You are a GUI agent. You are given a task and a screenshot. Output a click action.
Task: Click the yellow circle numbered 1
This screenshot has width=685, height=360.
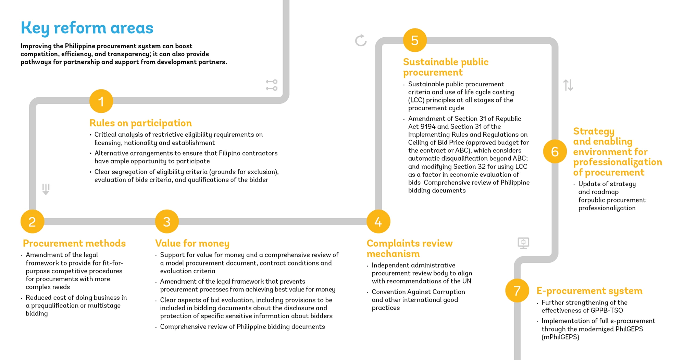coord(101,101)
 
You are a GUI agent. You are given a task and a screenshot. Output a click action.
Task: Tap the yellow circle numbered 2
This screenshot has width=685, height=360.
coord(32,222)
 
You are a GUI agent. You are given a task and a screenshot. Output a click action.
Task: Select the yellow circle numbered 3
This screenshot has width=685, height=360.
coord(167,222)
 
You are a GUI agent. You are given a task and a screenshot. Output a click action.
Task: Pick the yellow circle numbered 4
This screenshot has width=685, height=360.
coord(378,222)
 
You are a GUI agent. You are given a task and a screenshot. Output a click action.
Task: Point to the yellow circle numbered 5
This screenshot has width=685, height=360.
coord(414,40)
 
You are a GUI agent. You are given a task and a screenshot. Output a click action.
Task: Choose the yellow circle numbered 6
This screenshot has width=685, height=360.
coord(555,151)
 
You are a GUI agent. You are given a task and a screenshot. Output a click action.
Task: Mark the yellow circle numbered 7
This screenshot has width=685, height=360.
coord(517,290)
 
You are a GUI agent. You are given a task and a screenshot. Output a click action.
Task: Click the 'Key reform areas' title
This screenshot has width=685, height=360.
coord(87,28)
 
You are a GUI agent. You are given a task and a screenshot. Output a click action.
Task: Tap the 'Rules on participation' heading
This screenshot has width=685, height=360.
coord(140,123)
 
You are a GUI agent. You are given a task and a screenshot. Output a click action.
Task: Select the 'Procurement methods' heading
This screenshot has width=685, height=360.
coord(74,243)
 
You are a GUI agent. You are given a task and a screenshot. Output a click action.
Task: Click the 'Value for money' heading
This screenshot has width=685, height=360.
coord(192,243)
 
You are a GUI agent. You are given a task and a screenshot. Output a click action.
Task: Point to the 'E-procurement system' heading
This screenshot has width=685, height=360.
coord(589,291)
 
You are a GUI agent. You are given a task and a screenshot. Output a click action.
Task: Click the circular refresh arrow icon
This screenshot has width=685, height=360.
coord(361,40)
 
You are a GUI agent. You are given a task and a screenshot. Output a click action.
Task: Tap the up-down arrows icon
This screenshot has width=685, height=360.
coord(568,85)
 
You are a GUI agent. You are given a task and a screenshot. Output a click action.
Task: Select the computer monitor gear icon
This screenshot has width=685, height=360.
coord(523,243)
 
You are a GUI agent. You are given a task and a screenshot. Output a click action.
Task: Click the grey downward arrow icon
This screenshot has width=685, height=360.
coord(46,189)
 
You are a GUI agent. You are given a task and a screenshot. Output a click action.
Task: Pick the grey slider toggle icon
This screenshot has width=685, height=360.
coord(272,85)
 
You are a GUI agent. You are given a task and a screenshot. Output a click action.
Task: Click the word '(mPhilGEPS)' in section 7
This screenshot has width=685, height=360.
coord(560,337)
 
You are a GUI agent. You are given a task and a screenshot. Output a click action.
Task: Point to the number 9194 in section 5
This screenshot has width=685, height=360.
coord(428,126)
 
